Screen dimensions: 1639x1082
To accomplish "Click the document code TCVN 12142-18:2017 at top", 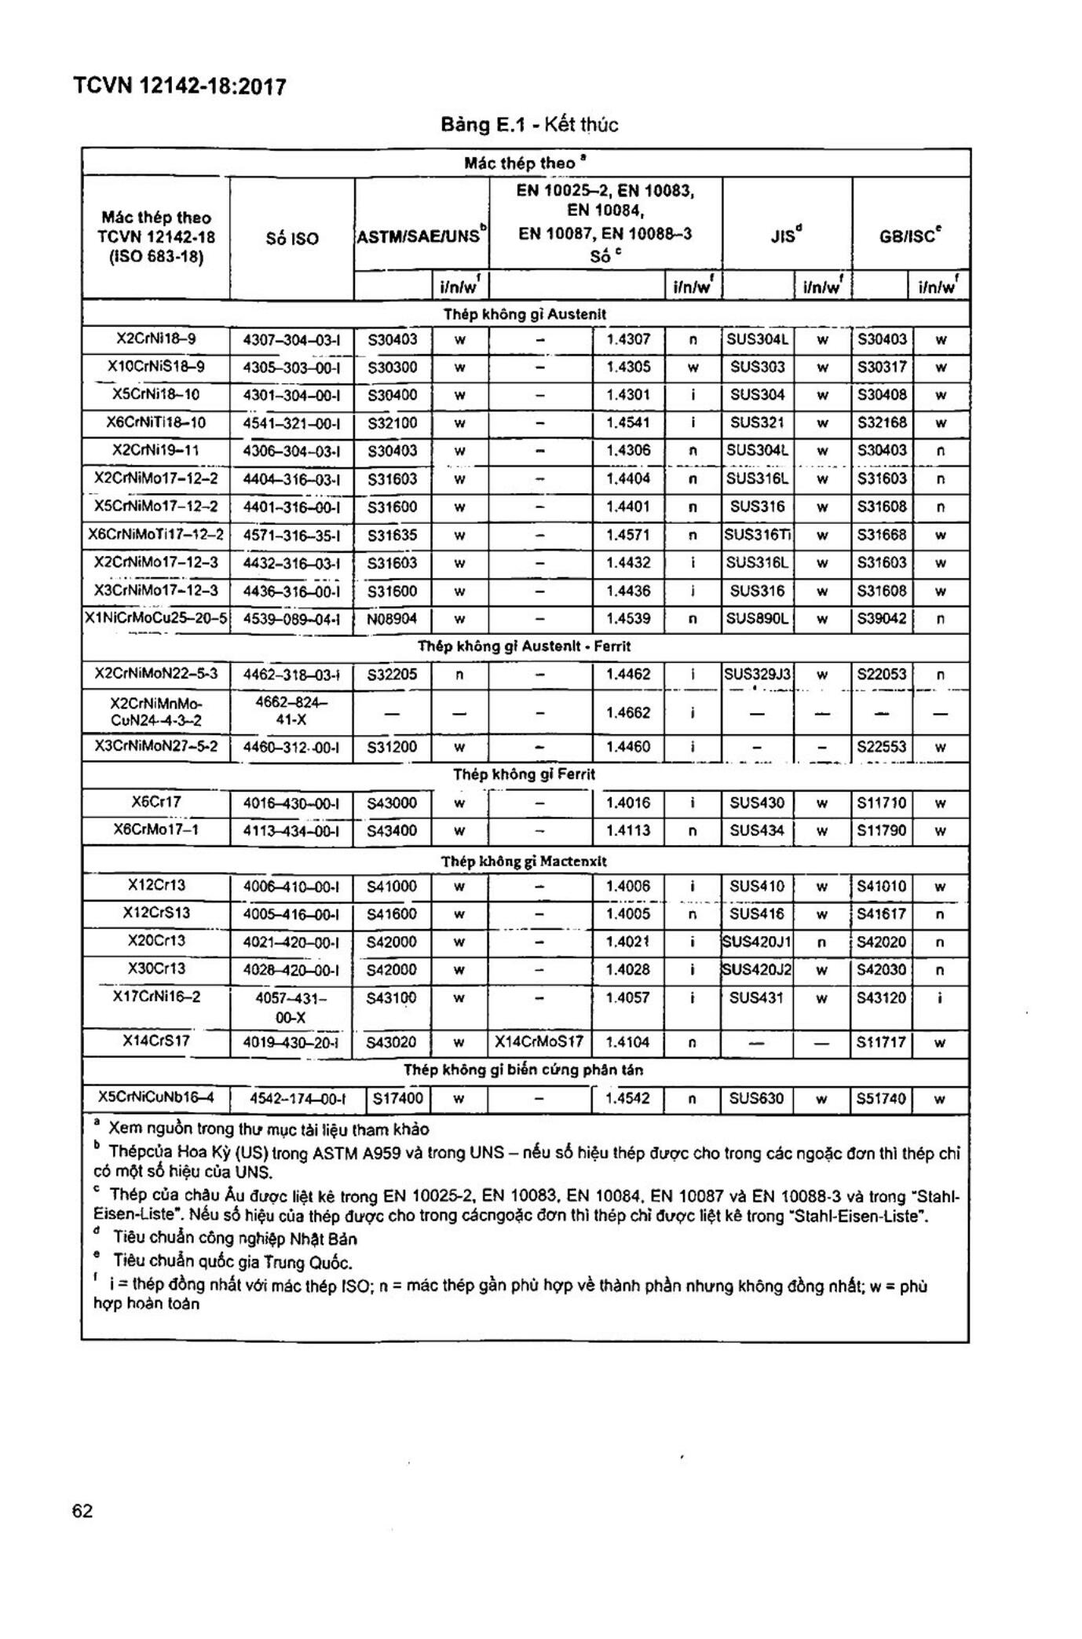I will pos(179,86).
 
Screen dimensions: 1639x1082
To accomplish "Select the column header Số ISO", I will pos(292,238).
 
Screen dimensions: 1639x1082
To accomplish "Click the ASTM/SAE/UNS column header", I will pos(422,235).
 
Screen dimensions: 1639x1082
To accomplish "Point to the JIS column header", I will pos(786,235).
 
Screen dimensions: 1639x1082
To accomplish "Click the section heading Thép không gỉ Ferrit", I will pos(524,774).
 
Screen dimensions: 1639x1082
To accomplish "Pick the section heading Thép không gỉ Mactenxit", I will pos(524,862).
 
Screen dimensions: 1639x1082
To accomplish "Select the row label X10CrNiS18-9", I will pos(156,367).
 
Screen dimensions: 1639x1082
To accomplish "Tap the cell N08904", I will pos(392,619).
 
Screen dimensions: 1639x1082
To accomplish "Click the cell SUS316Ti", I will pos(758,536).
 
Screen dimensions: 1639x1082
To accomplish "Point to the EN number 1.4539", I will pos(628,619).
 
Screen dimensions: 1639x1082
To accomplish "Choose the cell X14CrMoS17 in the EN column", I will pos(539,1042).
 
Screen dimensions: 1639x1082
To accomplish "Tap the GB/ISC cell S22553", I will pos(882,747).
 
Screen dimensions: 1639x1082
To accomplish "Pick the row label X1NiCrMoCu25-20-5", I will pos(156,619).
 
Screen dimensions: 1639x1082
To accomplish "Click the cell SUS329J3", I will pos(758,675).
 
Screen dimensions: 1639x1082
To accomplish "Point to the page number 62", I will pos(82,1511).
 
